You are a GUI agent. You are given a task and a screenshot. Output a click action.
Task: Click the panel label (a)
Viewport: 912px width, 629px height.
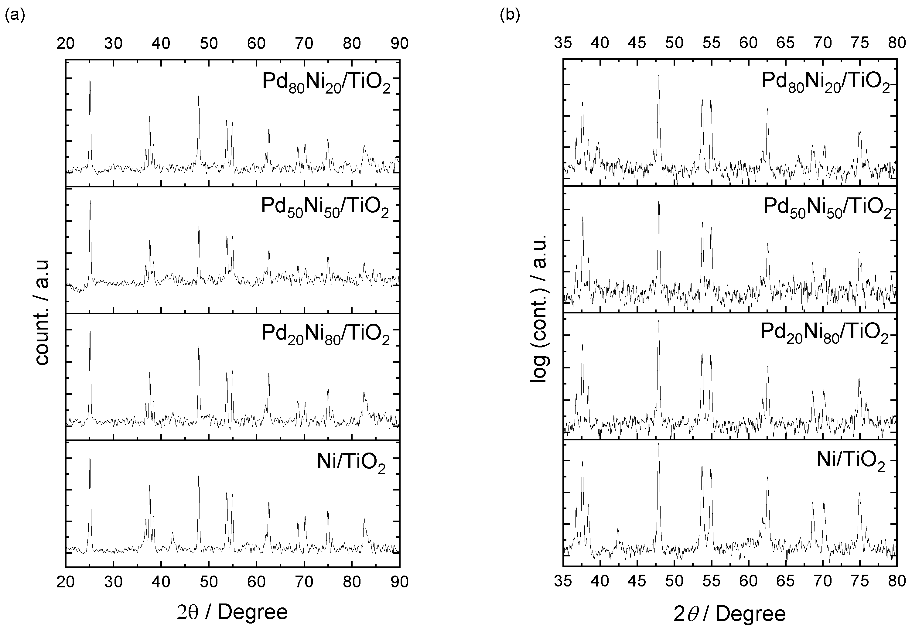(x=15, y=16)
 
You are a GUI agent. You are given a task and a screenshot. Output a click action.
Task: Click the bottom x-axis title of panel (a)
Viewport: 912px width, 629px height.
(x=233, y=612)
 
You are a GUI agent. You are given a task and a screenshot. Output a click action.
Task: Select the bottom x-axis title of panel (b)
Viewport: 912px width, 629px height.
(x=729, y=614)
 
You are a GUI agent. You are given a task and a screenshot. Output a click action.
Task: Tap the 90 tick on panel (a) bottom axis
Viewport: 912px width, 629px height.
(x=399, y=582)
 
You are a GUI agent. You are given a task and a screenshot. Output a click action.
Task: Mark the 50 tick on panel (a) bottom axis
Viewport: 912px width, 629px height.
(x=209, y=582)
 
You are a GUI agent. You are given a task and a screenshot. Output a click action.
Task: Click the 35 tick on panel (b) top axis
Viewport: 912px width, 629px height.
(x=563, y=43)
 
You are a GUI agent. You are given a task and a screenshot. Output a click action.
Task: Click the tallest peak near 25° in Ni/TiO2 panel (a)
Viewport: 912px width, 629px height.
(x=90, y=458)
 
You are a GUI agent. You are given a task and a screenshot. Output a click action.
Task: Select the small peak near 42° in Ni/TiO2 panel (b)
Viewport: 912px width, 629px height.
(x=618, y=527)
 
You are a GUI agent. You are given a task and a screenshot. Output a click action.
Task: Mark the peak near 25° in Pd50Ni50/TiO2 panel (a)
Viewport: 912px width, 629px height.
(x=90, y=201)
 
